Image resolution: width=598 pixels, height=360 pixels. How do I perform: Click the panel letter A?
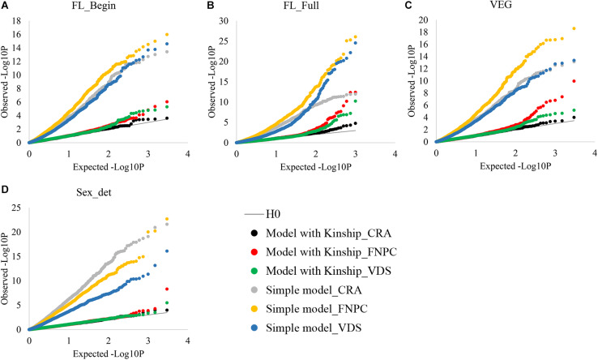coord(6,6)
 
